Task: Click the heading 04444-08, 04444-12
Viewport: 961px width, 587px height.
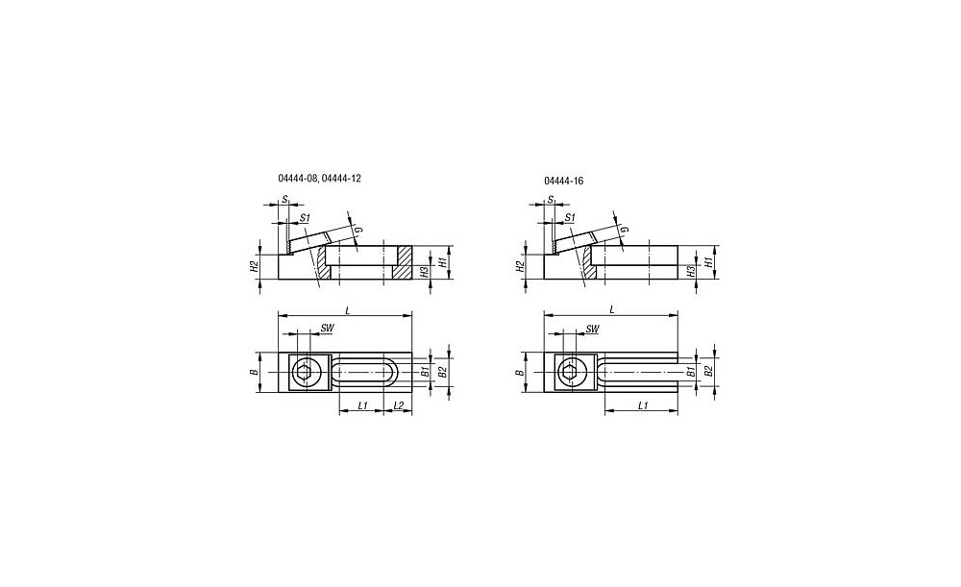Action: coord(319,179)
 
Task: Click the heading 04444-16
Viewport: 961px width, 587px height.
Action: coord(563,182)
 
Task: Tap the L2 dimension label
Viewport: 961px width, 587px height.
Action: coord(398,405)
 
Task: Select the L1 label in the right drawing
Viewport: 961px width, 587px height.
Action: coord(642,405)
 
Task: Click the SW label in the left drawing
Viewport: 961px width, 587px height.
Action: coord(328,329)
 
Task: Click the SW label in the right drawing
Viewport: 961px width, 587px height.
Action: coord(592,329)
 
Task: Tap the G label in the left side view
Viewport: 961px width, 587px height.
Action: coord(358,230)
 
